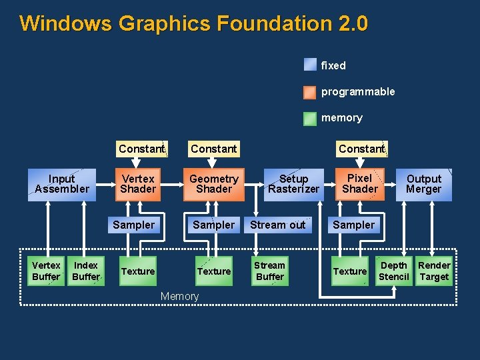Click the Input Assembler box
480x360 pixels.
61,184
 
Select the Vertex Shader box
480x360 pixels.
138,184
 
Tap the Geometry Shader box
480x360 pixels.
213,184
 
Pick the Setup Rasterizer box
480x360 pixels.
293,184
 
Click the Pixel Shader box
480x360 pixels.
360,183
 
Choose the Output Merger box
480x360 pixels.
424,184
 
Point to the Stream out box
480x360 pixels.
277,225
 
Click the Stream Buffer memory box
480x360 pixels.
270,271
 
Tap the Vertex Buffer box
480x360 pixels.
46,271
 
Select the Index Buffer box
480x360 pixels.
86,271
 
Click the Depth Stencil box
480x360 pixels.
394,271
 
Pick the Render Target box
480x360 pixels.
435,271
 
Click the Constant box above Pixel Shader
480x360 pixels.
361,149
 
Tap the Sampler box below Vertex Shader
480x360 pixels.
133,225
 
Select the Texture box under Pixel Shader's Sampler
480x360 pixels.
350,271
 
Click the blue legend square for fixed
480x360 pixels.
310,65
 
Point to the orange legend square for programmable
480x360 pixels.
310,92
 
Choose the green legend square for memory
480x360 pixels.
310,118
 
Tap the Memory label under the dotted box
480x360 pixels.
179,296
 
